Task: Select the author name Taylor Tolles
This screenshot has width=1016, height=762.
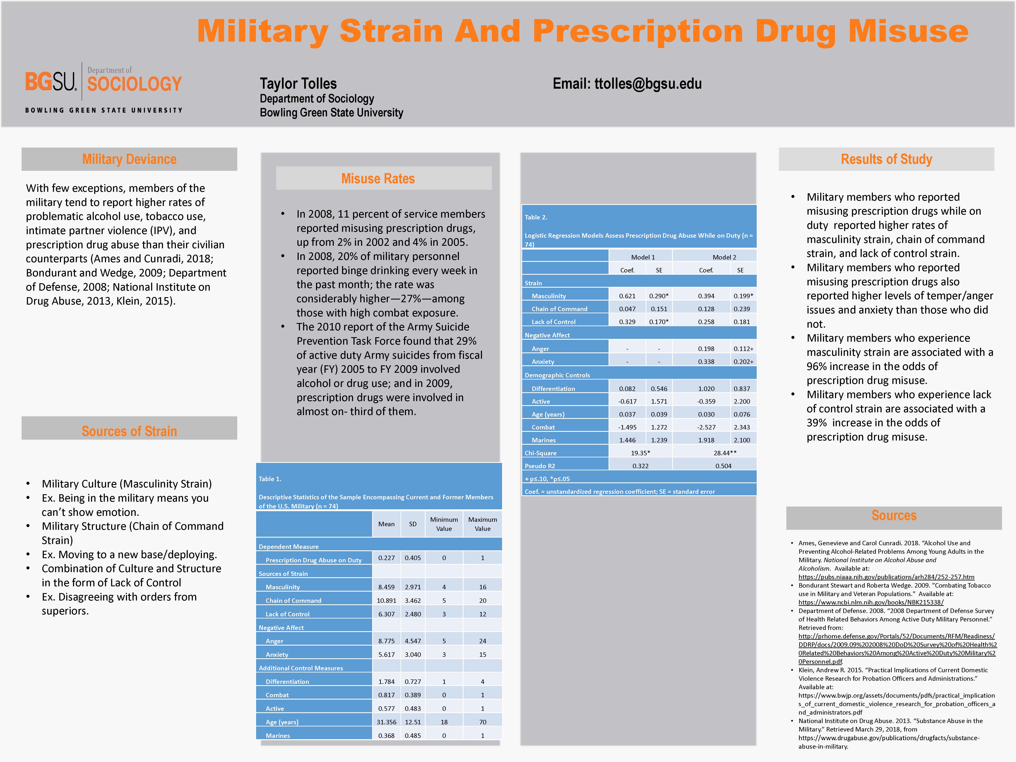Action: click(298, 84)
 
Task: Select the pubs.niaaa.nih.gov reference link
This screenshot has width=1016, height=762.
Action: click(886, 577)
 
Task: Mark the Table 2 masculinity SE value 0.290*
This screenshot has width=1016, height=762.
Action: click(659, 296)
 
